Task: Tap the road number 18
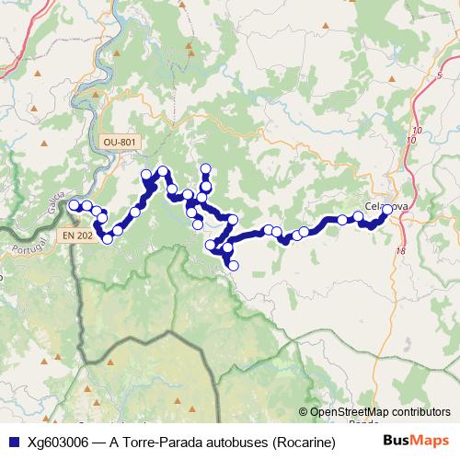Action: tap(401, 250)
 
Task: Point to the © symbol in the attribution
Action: tap(304, 413)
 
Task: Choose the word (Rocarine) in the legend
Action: tap(299, 442)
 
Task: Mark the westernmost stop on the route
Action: tap(75, 205)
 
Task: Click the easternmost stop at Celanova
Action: tap(387, 210)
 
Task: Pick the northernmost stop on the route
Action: tap(205, 168)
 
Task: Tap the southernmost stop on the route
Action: tap(233, 265)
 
